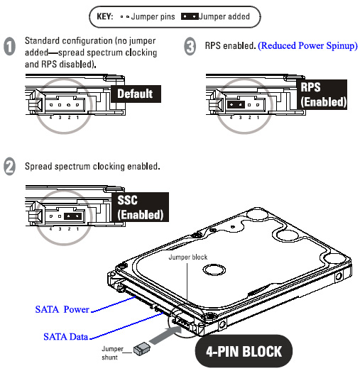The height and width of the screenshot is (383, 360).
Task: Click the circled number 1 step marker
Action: [10, 47]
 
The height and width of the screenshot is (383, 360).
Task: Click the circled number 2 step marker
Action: [10, 167]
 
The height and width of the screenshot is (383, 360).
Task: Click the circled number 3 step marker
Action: [190, 47]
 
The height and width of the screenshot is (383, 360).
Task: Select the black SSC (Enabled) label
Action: [140, 206]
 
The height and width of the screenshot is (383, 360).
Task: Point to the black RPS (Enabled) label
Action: [323, 94]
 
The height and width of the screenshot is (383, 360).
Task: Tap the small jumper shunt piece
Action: [141, 348]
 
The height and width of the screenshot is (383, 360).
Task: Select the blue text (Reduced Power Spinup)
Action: [307, 45]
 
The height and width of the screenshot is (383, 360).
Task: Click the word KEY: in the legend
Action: [106, 15]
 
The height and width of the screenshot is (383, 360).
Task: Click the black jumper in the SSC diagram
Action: [72, 215]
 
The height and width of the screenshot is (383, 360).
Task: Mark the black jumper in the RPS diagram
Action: [236, 103]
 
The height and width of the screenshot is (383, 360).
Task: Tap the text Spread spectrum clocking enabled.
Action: [92, 167]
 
